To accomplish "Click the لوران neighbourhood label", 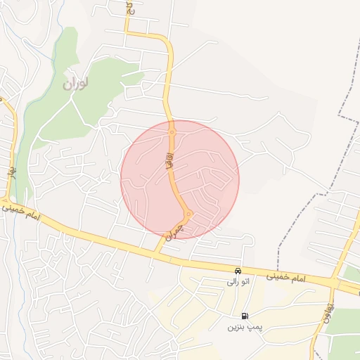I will (x=77, y=84).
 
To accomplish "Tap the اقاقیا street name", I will (x=169, y=162).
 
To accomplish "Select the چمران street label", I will (x=173, y=231).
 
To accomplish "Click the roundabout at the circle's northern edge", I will (x=172, y=131).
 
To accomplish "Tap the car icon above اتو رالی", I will (x=238, y=271).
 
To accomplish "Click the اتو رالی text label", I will (x=238, y=281).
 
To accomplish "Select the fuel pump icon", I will (x=244, y=316).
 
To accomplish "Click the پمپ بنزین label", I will (x=244, y=328).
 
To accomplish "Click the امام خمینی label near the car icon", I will (x=287, y=278).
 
